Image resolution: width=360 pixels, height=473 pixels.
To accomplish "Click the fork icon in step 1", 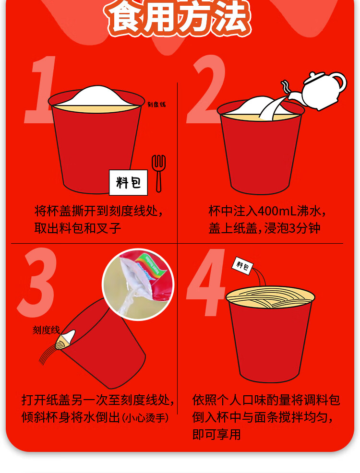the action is (x=158, y=174).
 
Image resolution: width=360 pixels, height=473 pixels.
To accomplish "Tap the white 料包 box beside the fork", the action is (x=128, y=182).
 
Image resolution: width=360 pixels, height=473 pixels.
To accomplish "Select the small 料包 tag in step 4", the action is (x=242, y=266).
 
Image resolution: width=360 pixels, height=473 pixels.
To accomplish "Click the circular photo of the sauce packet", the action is (x=139, y=284).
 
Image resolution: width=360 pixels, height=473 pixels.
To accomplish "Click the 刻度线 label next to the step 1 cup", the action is (x=156, y=105).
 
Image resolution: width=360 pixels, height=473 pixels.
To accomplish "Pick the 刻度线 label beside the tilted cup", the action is (x=46, y=330).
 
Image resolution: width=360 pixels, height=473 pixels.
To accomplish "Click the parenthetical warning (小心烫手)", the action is (x=145, y=418).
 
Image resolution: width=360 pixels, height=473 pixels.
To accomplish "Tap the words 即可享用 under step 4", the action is (x=216, y=435).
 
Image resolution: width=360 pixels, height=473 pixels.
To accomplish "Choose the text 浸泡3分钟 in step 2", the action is (x=292, y=228).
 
